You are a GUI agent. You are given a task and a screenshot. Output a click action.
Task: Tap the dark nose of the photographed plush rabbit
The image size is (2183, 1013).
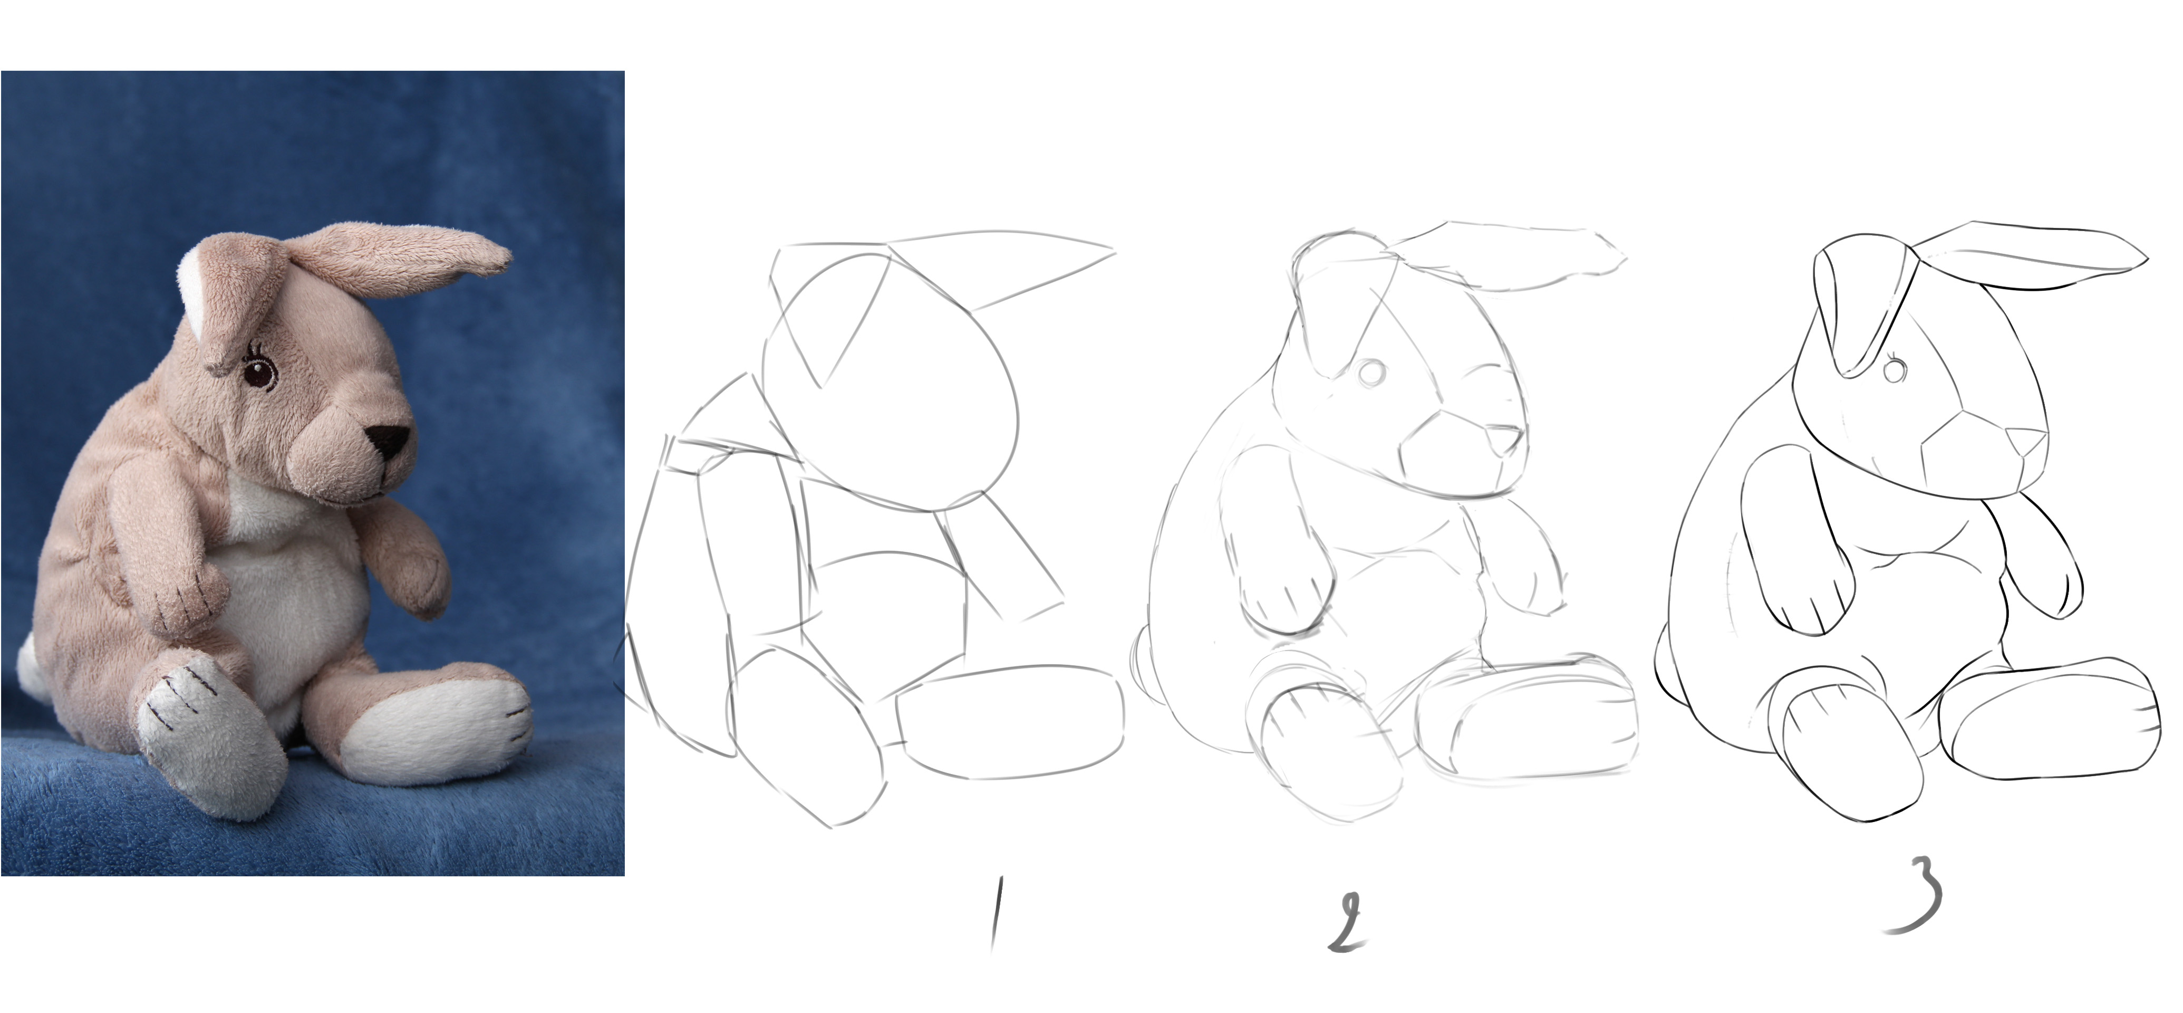pos(389,439)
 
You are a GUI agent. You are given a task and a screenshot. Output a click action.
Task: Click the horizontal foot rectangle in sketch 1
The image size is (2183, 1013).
pos(1011,721)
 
